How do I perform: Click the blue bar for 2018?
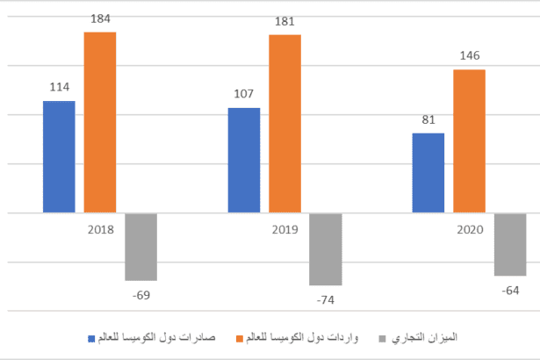click(59, 156)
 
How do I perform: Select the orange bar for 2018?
click(100, 122)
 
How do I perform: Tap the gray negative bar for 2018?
click(140, 247)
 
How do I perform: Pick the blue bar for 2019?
click(243, 160)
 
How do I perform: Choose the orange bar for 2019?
click(284, 124)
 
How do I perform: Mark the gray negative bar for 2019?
click(325, 249)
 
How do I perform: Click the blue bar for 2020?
click(428, 173)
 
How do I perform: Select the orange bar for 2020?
click(469, 140)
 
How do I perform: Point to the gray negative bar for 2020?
click(510, 244)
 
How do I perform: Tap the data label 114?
click(59, 87)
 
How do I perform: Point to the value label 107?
click(243, 93)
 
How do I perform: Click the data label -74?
click(325, 300)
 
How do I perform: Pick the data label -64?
click(509, 291)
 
